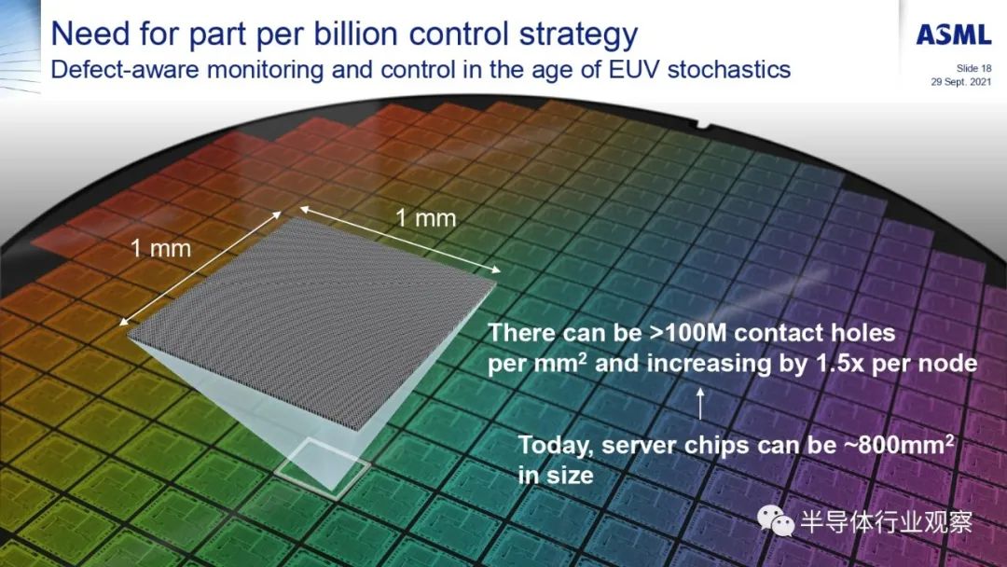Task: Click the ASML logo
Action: [x=954, y=34]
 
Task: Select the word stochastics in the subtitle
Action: [x=729, y=69]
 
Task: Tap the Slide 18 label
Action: [x=973, y=68]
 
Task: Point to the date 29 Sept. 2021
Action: [x=961, y=81]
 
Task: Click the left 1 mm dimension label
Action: [x=160, y=248]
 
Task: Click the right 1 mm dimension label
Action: [x=425, y=218]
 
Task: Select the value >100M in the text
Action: [x=687, y=333]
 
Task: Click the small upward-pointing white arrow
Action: [x=700, y=403]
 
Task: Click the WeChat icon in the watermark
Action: [x=775, y=519]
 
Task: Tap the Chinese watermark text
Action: [x=887, y=521]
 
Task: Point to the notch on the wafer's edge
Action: [x=707, y=127]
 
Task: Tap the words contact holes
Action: [x=814, y=333]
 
